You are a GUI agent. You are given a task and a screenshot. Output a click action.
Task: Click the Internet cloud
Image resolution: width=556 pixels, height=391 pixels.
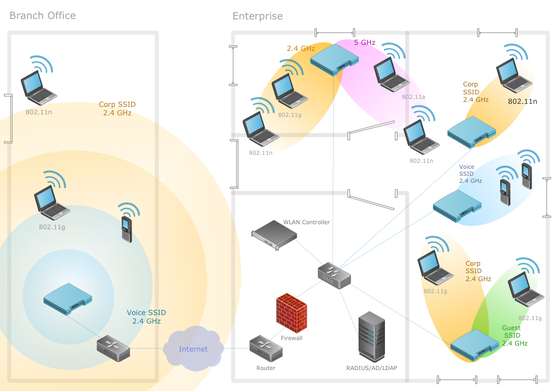(193, 349)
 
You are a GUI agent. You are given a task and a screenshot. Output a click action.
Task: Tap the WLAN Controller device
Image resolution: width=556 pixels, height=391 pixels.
(274, 235)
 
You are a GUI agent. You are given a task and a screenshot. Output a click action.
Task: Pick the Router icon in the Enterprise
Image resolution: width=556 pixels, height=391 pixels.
(266, 348)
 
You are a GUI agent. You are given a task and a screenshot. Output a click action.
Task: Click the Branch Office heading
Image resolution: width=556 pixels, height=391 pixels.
(42, 15)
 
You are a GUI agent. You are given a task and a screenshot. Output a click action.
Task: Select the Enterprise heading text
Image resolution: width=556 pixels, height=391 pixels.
(257, 16)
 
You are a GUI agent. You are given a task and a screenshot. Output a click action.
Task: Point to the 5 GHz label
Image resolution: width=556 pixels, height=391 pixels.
(365, 43)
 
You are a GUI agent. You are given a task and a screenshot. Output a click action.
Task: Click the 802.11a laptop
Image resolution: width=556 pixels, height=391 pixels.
(391, 74)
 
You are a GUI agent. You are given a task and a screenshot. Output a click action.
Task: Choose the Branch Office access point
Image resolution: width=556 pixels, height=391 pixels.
(68, 299)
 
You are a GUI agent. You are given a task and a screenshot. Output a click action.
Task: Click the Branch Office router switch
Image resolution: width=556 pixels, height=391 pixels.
(113, 348)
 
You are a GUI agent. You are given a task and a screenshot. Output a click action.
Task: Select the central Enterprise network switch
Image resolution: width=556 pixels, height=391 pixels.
(334, 276)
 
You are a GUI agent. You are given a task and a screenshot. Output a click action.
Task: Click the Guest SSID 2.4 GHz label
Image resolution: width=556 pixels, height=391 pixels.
(514, 336)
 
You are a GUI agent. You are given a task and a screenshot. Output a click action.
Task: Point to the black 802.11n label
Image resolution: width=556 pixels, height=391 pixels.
(522, 101)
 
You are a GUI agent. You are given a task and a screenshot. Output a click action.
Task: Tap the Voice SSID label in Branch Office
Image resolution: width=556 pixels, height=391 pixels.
(146, 317)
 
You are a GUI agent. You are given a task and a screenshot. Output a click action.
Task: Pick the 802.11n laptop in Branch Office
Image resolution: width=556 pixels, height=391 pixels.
(38, 86)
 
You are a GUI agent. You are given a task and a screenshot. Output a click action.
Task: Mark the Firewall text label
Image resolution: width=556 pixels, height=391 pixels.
(292, 338)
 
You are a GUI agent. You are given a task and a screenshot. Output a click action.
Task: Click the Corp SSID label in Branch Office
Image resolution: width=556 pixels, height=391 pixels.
(117, 109)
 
